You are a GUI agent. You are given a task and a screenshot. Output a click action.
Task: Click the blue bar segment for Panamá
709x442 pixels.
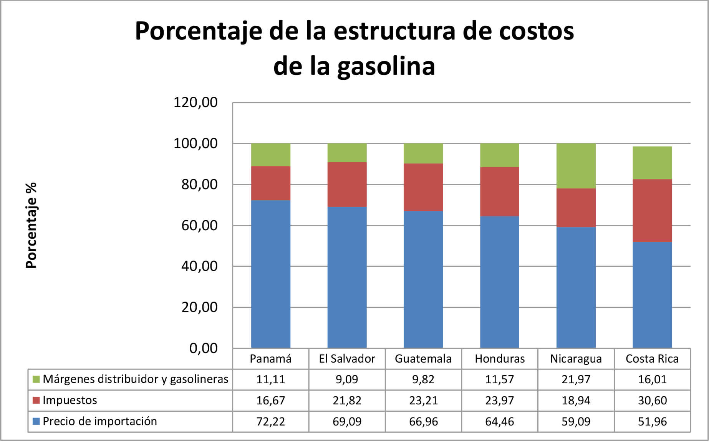tap(270, 274)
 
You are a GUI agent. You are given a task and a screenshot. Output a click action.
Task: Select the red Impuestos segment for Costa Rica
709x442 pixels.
tap(652, 210)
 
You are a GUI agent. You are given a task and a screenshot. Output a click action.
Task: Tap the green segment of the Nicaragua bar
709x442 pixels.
tap(576, 166)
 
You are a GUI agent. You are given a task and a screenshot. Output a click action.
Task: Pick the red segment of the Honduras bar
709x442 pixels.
tap(499, 191)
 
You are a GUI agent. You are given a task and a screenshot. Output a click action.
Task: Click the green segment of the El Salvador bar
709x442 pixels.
tap(347, 153)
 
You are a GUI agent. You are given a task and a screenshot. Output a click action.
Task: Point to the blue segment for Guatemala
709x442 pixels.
tap(423, 279)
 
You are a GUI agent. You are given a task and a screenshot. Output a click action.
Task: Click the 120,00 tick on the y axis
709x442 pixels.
tap(195, 102)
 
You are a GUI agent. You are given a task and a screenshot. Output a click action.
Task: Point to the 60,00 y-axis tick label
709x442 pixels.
tap(199, 225)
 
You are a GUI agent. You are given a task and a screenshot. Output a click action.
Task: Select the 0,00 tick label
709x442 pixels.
tap(203, 348)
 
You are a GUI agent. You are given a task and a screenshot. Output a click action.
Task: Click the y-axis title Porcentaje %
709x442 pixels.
tap(31, 225)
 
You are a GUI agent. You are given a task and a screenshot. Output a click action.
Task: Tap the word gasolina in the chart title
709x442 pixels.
tap(386, 66)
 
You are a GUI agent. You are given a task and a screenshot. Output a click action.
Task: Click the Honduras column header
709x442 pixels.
tap(499, 359)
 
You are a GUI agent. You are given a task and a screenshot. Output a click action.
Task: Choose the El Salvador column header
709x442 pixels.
tap(347, 359)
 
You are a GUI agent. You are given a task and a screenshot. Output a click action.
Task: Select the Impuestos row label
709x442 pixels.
tap(70, 400)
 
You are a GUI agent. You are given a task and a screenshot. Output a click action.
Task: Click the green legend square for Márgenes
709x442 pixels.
tap(36, 379)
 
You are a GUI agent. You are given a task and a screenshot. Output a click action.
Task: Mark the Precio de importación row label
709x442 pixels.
tap(99, 421)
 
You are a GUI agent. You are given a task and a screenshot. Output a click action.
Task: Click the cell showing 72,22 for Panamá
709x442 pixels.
tap(270, 421)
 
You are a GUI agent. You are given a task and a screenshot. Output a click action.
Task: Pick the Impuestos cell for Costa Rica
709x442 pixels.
tap(652, 400)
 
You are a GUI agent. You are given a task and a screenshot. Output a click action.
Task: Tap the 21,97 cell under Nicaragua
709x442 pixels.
tap(576, 379)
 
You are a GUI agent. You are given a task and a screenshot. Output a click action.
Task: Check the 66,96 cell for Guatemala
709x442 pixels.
tap(423, 421)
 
